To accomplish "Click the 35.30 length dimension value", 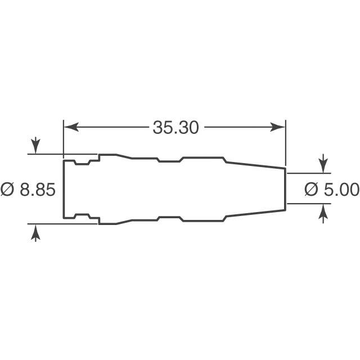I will tap(175, 128).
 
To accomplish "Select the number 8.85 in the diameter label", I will tap(38, 190).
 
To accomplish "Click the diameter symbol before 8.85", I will tap(8, 190).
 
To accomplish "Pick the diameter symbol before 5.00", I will tap(311, 190).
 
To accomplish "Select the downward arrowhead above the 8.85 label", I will tap(35, 148).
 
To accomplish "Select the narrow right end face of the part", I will tap(285, 189).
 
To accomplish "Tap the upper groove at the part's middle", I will tap(169, 161).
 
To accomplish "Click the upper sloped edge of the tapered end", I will tap(256, 165).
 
